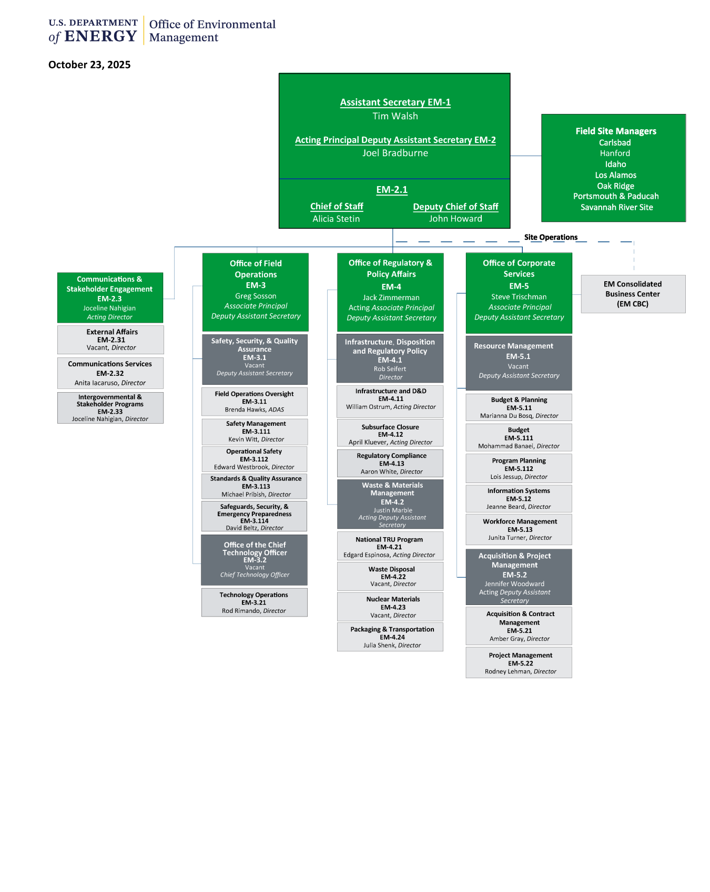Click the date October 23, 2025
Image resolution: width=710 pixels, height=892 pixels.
click(89, 65)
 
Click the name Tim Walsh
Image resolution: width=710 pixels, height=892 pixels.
click(395, 116)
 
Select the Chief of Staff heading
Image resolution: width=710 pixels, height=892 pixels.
click(337, 207)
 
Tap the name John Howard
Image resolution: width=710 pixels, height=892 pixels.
click(455, 219)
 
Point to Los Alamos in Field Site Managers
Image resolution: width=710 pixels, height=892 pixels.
click(615, 175)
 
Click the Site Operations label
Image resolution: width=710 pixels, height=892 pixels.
click(551, 237)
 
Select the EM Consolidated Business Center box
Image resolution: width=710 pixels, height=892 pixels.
click(633, 294)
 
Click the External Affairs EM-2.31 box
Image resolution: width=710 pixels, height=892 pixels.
click(111, 340)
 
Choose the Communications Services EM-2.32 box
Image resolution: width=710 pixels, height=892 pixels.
click(110, 373)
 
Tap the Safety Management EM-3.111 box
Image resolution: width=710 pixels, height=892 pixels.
click(255, 431)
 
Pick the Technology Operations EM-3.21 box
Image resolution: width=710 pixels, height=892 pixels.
click(254, 602)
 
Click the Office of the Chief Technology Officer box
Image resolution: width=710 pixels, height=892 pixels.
click(255, 560)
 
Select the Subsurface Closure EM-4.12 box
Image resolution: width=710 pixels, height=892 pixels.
click(390, 434)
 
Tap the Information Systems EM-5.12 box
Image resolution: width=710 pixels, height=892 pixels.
click(519, 498)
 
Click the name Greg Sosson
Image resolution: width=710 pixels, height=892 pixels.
click(256, 296)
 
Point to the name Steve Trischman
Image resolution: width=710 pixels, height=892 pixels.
click(519, 297)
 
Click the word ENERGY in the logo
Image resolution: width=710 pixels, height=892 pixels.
click(100, 36)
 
